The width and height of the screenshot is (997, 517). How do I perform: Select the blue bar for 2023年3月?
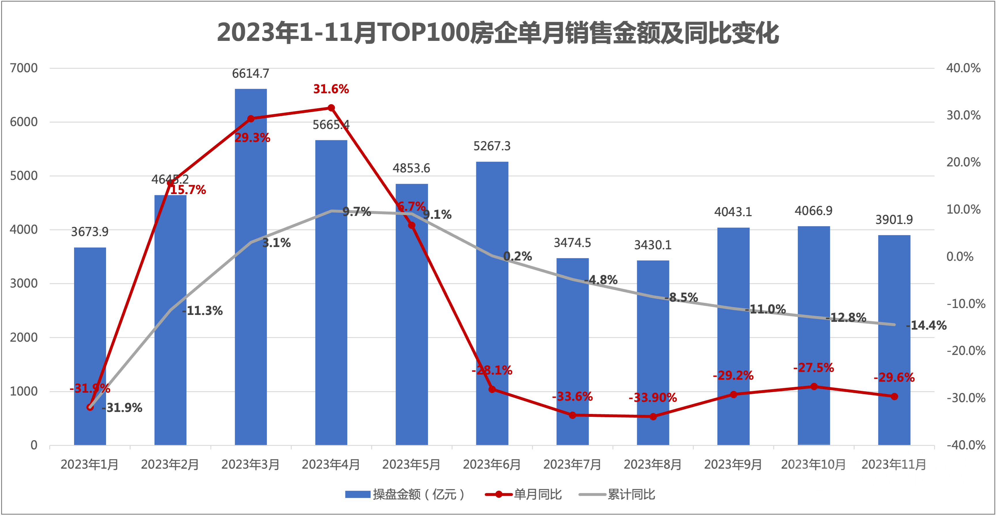coord(251,271)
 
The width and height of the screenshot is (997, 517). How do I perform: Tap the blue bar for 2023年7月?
coord(573,348)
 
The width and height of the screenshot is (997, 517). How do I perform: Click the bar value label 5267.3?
coord(492,146)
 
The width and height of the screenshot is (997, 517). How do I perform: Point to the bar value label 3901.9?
coord(894,220)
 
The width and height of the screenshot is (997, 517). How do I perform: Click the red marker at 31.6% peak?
coord(331,108)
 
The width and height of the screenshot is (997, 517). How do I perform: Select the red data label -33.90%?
coord(653,398)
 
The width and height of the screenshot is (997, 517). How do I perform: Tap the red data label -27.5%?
coord(813,367)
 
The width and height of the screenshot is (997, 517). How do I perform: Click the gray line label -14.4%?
coord(926,326)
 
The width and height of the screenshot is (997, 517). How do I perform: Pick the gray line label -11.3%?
coord(202,311)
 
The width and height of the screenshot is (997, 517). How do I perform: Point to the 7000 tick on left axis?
coord(24,69)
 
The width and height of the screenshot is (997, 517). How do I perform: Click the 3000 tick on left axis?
coord(24,284)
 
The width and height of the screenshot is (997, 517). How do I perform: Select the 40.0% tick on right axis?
coord(963,69)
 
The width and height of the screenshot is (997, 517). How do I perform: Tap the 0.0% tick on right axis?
coord(960,257)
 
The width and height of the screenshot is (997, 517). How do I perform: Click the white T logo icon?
coord(817,471)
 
